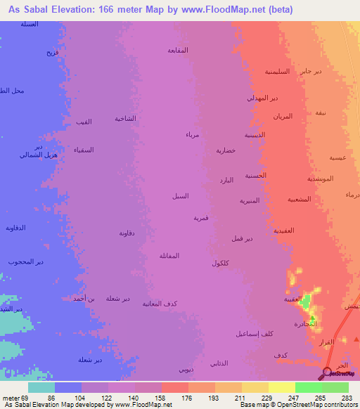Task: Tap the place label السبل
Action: [x=180, y=196]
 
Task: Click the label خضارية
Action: [x=224, y=150]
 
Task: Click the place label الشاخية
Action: [x=125, y=119]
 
